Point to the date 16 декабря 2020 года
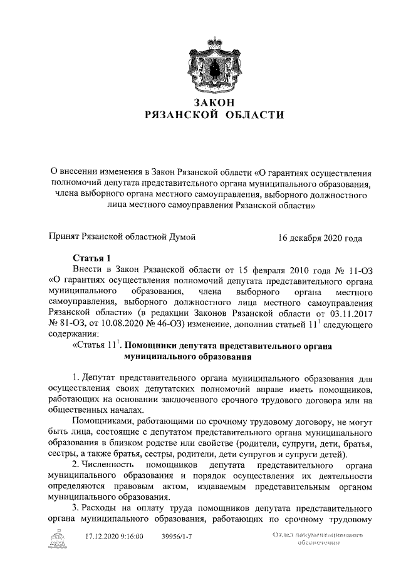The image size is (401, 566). (x=320, y=238)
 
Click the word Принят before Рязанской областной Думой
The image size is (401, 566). (x=65, y=238)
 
